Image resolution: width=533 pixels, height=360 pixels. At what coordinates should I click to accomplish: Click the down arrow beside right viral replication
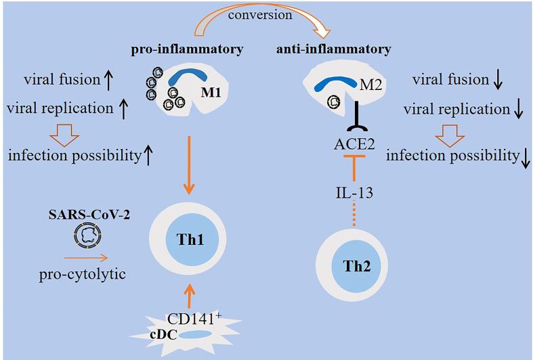click(519, 109)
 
